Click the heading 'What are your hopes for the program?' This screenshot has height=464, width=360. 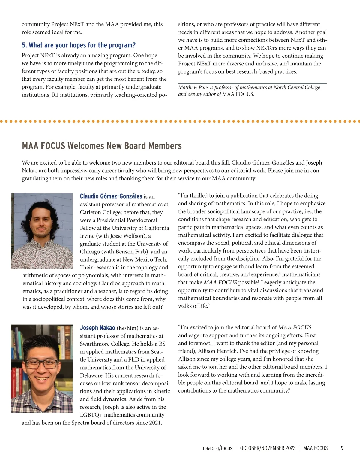[x=79, y=45]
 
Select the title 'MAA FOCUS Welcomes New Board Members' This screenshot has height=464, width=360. [x=102, y=146]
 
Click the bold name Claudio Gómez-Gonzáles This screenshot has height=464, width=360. [x=111, y=196]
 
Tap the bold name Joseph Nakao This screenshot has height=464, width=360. [x=97, y=328]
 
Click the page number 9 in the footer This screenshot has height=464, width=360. [x=342, y=448]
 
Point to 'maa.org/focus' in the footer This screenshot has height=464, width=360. [x=217, y=448]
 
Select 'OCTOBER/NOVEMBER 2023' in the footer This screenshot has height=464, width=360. [x=268, y=448]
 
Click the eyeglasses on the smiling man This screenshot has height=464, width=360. [x=42, y=364]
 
